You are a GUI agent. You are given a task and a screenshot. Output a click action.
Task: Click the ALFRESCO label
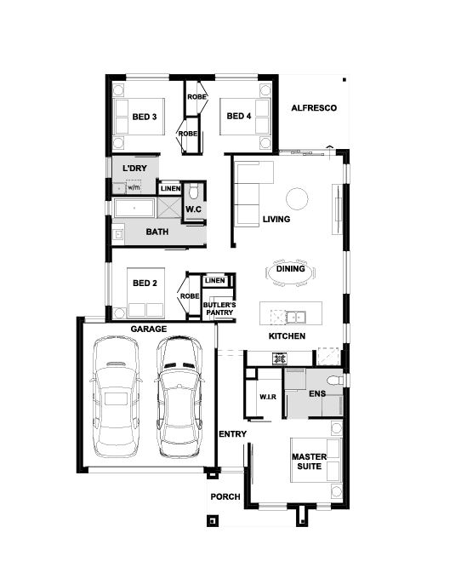(x=314, y=108)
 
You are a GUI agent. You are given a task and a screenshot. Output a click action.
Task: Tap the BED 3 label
(x=145, y=117)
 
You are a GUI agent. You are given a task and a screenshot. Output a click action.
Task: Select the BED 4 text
(x=239, y=116)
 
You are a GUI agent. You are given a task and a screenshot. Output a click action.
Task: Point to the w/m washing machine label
(x=134, y=187)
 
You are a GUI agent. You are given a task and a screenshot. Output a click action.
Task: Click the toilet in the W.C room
(x=193, y=190)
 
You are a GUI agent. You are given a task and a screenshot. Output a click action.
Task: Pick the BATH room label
(x=157, y=232)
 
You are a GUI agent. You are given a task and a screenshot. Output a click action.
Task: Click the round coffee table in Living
(x=297, y=198)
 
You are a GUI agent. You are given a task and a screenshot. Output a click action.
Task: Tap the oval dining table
(x=291, y=272)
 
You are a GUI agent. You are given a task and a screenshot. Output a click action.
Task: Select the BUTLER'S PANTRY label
(x=219, y=309)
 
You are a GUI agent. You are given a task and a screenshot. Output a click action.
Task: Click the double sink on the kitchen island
(x=296, y=317)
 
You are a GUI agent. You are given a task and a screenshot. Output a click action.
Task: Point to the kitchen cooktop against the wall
(x=280, y=358)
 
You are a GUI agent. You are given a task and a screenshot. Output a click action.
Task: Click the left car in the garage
(x=116, y=398)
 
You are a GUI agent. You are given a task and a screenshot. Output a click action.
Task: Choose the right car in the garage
(x=179, y=398)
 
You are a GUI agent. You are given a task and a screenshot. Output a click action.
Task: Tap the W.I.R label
(x=268, y=397)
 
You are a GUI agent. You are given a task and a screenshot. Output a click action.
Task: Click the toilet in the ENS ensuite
(x=335, y=381)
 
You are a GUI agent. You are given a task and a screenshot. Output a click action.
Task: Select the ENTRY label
(x=232, y=434)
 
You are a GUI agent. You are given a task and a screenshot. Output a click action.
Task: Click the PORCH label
(x=225, y=497)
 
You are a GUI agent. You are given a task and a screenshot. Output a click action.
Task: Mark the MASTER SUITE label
(x=310, y=461)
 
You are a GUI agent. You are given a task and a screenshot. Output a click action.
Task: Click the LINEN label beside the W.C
(x=170, y=188)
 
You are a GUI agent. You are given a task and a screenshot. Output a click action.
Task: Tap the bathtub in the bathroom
(x=134, y=208)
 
